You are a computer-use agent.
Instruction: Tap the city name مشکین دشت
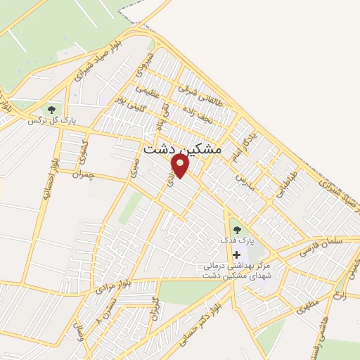click(x=182, y=150)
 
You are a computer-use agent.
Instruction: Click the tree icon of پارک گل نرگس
click(x=51, y=109)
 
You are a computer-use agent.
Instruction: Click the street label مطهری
click(x=307, y=304)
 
